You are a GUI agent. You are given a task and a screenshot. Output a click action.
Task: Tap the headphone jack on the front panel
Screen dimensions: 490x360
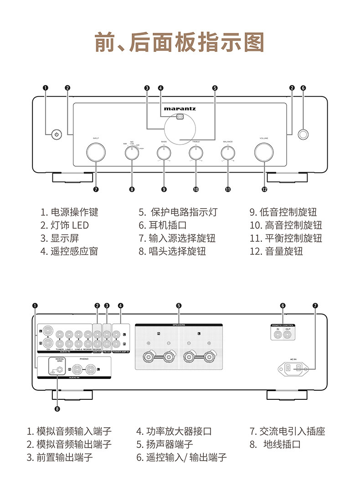(303, 134)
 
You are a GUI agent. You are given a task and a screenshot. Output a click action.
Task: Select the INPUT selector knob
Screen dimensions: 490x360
(96, 152)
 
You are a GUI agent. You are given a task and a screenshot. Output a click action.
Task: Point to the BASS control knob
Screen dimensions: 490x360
(164, 154)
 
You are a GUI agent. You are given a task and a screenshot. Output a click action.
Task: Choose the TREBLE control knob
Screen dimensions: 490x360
(195, 154)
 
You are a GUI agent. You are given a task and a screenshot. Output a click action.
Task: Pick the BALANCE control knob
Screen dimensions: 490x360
(228, 154)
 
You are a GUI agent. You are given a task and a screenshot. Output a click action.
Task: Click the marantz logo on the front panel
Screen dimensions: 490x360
(180, 109)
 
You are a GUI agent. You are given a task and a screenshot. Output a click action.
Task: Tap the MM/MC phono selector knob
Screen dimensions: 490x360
(132, 154)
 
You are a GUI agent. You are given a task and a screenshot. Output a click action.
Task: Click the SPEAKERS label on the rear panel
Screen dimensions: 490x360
(179, 325)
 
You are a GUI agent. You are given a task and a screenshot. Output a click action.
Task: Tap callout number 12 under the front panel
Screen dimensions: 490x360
(264, 189)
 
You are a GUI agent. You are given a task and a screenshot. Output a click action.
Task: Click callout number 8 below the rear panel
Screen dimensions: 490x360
(57, 408)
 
